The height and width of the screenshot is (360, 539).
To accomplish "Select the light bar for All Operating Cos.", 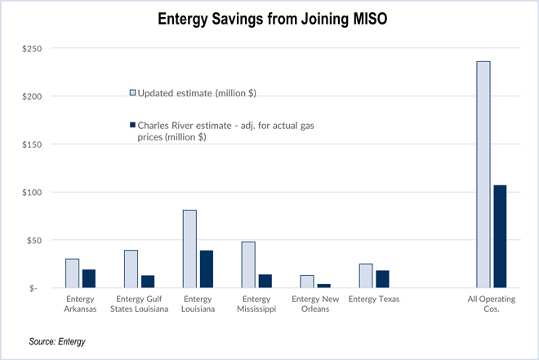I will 483,175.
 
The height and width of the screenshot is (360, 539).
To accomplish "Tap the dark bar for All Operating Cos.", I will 500,237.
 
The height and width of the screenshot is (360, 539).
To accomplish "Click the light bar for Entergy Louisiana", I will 189,249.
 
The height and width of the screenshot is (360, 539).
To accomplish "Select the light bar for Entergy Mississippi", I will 248,264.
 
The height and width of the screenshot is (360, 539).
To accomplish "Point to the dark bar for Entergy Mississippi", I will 265,282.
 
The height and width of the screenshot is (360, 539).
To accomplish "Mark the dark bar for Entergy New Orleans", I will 323,286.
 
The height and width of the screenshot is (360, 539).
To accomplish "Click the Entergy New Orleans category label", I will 315,304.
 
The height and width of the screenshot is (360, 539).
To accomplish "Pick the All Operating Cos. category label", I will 492,304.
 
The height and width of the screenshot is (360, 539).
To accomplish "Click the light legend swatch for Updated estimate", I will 132,92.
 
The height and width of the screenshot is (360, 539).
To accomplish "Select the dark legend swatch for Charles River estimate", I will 132,126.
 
